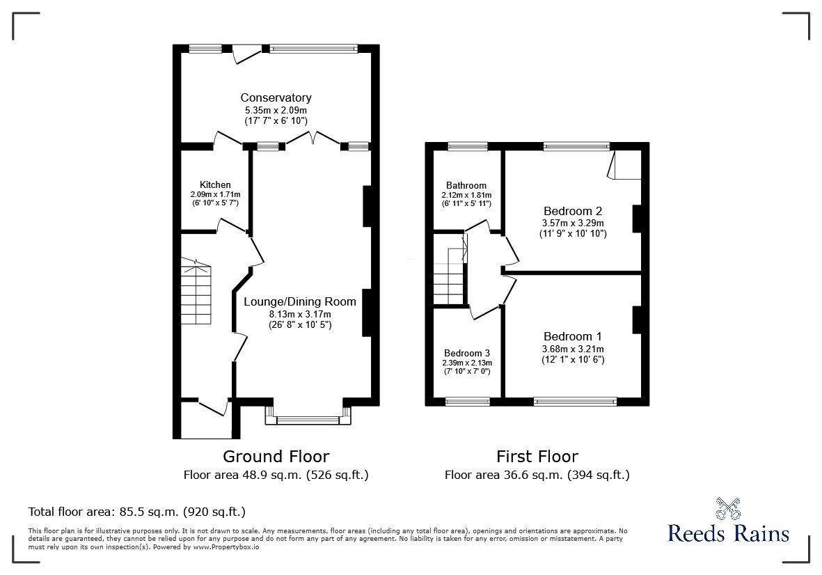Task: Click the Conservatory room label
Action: tap(276, 97)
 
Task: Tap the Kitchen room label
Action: tap(216, 184)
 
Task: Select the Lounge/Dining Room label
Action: tap(300, 301)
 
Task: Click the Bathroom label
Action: tap(466, 185)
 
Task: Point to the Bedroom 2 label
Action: tap(573, 211)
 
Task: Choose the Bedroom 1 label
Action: tap(573, 336)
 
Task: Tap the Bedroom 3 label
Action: tap(467, 353)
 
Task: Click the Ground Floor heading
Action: tap(276, 457)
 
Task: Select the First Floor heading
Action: tap(537, 457)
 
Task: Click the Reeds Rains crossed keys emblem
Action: tap(727, 508)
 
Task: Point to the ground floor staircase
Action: tap(196, 291)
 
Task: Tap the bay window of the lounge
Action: tap(308, 415)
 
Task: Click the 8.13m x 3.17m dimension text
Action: tap(300, 314)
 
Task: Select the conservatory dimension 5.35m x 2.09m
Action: tap(276, 111)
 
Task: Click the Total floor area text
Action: tap(137, 512)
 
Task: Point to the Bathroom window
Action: tap(468, 146)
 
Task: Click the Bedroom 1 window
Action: tap(575, 402)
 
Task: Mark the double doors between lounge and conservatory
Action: tap(313, 138)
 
